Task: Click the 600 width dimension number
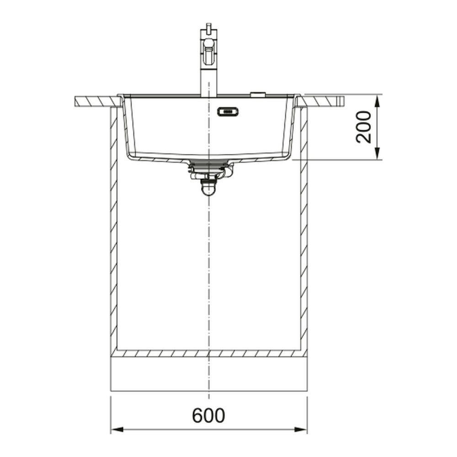(208, 415)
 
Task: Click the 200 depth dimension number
(364, 127)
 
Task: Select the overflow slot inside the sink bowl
(228, 112)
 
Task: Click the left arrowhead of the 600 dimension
(117, 429)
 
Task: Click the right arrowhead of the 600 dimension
(301, 429)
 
